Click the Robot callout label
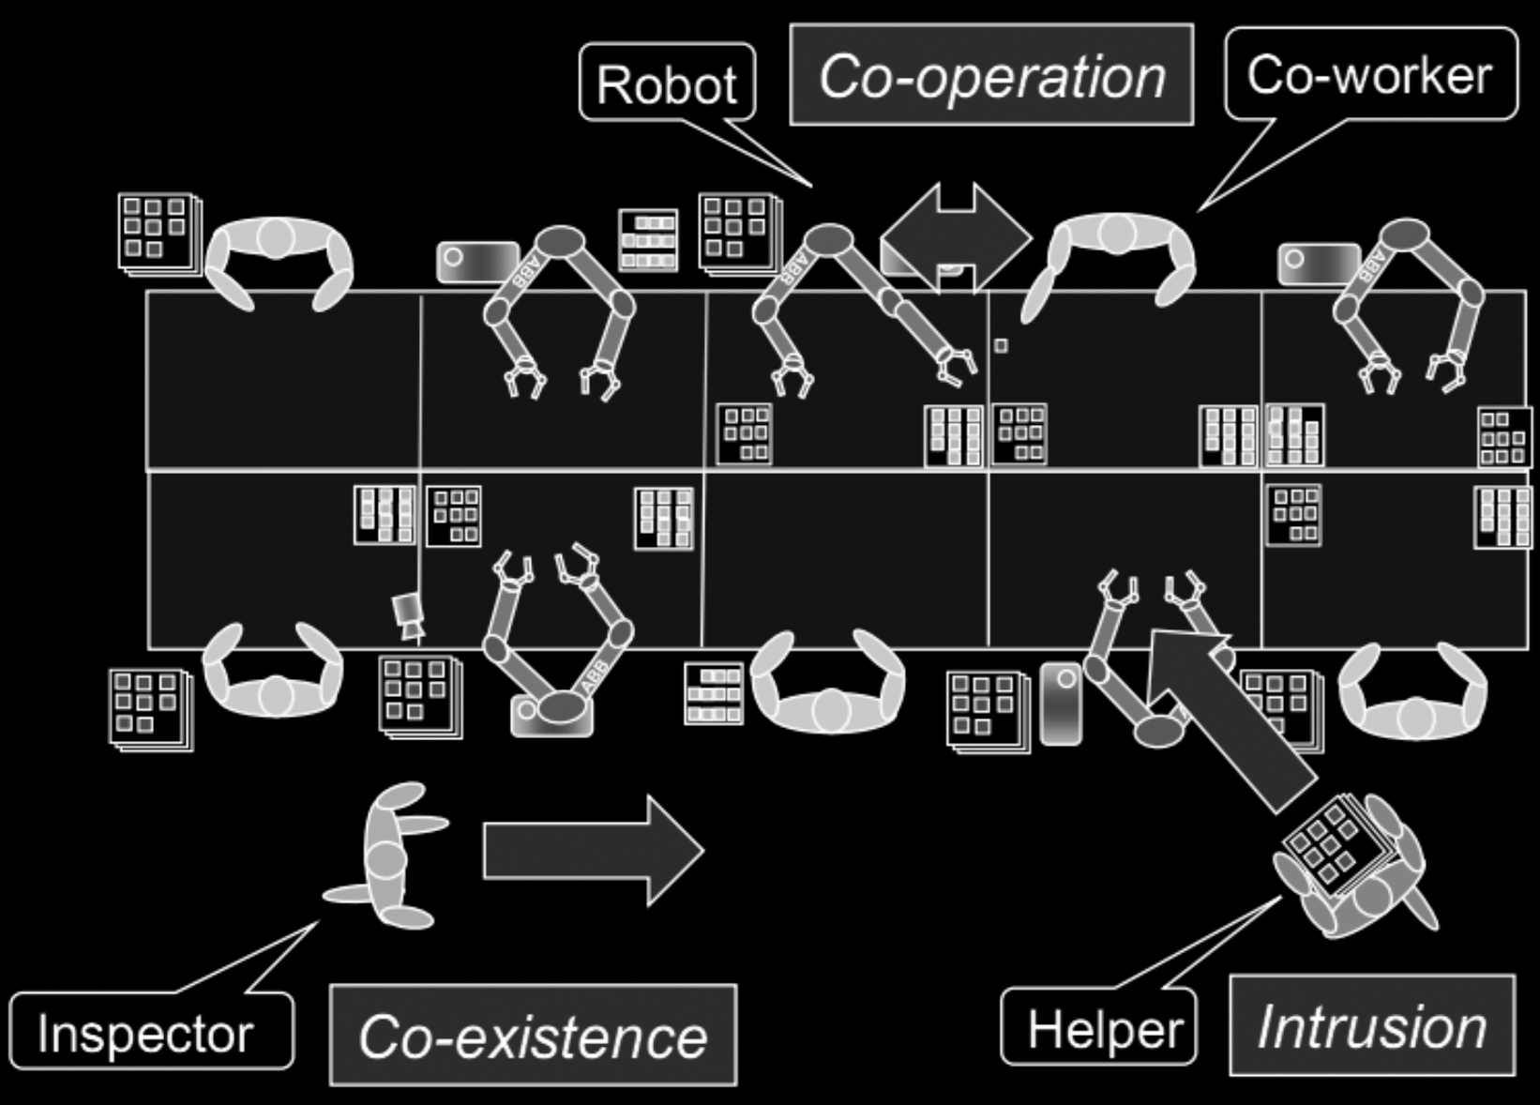(x=667, y=84)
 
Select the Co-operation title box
(x=991, y=76)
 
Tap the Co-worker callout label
(x=1369, y=74)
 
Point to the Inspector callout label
(x=148, y=1033)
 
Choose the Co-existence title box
(x=533, y=1036)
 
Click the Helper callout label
(x=1099, y=1028)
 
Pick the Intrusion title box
(x=1371, y=1026)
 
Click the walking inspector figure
(x=386, y=855)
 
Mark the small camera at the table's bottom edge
(x=409, y=615)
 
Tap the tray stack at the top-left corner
(x=159, y=232)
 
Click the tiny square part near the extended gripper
(x=1001, y=345)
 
